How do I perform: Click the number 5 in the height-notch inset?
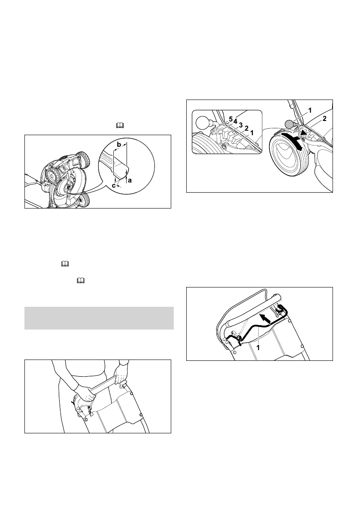coord(230,118)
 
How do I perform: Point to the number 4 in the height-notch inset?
coord(236,121)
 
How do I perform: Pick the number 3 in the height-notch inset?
coord(242,125)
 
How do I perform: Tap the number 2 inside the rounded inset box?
coord(247,128)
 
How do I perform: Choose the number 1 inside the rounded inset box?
coord(252,133)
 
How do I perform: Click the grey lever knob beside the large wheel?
coord(290,123)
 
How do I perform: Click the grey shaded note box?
coord(99,318)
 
